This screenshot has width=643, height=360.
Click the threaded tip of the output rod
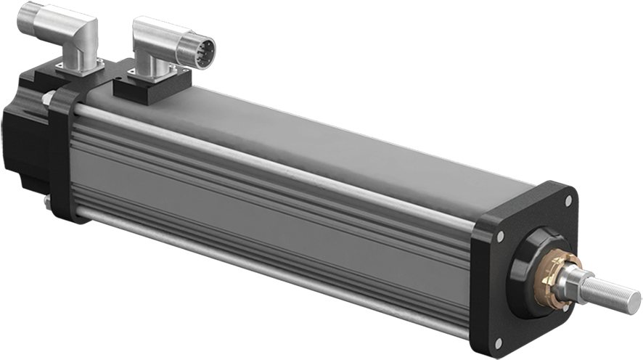617,291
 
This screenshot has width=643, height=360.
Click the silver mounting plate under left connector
80,67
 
